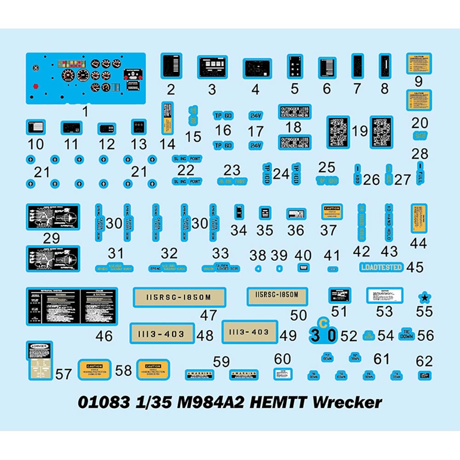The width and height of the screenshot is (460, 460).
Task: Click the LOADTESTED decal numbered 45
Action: pyautogui.click(x=381, y=267)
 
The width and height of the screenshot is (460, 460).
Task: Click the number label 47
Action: pyautogui.click(x=208, y=316)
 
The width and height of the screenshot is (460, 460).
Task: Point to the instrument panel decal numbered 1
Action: pyautogui.click(x=86, y=78)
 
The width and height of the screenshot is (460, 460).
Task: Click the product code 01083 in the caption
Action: pyautogui.click(x=103, y=402)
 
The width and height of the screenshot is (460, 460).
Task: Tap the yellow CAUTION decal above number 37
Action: pyautogui.click(x=332, y=212)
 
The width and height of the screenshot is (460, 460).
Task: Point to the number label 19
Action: pyautogui.click(x=360, y=132)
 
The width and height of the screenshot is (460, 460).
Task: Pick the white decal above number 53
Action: pyautogui.click(x=385, y=295)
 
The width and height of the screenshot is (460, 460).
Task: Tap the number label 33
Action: pyautogui.click(x=220, y=253)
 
